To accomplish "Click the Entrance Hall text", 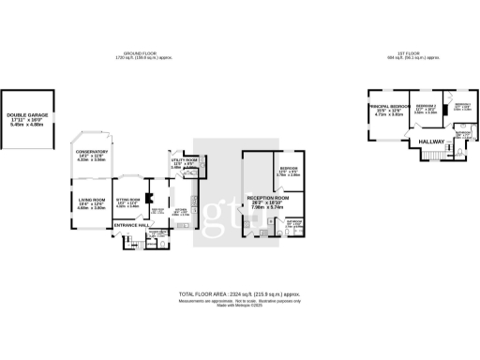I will [130, 225].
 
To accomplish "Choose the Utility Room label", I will [181, 160].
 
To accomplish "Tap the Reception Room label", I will [267, 200].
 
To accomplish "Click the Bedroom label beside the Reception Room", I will [289, 170].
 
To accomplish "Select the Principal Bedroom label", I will [389, 108].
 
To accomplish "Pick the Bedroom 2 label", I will [427, 108].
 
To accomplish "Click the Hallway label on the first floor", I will [430, 142].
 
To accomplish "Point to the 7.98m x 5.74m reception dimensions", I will [267, 211].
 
